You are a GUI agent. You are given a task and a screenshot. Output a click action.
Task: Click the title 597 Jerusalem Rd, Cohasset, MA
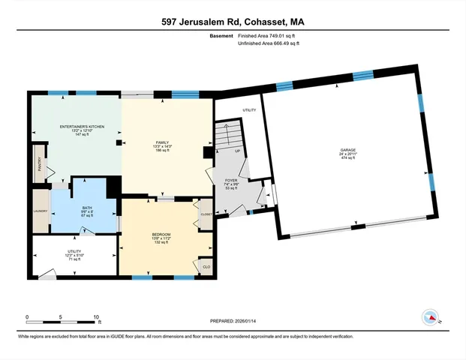point(233,22)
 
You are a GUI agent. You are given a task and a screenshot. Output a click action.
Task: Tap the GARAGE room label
point(347,151)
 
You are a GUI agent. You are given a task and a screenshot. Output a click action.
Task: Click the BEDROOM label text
point(161,235)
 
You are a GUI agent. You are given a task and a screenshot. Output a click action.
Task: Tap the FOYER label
point(231,181)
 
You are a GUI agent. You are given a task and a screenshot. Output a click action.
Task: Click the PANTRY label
point(40,163)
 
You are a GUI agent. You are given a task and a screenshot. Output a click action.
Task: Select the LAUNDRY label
point(40,211)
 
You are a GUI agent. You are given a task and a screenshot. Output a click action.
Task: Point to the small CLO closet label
point(206,265)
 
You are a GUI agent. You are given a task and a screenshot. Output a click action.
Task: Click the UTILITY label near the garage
point(249,110)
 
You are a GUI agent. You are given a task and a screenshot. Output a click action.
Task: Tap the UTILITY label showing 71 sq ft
point(74,252)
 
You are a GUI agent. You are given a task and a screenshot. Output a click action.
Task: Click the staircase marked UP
point(229,139)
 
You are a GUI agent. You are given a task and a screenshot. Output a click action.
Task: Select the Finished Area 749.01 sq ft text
point(269,35)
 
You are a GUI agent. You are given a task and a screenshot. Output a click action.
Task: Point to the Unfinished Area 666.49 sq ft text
point(269,43)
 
